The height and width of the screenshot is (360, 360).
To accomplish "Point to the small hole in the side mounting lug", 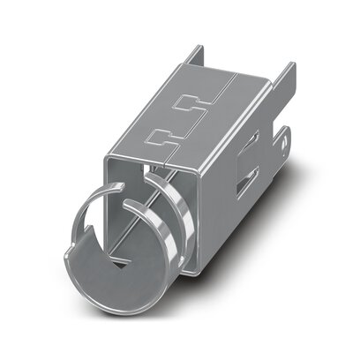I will (x=283, y=137).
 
